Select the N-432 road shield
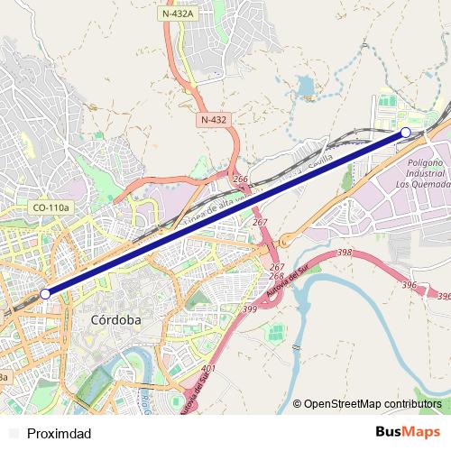(x=214, y=119)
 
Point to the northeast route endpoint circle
(x=405, y=133)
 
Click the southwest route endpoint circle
(x=45, y=293)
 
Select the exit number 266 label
(x=240, y=180)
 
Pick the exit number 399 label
(x=249, y=309)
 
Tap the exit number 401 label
(x=209, y=369)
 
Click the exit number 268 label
(x=277, y=276)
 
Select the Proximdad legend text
(x=60, y=433)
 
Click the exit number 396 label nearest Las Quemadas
(x=409, y=285)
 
